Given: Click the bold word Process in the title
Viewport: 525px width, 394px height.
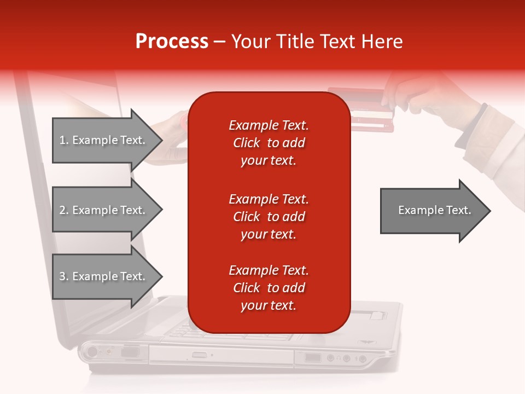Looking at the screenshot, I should [172, 42].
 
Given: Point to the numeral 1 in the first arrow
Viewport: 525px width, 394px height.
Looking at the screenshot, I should [62, 140].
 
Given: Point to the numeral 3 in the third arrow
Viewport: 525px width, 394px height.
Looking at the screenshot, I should [62, 276].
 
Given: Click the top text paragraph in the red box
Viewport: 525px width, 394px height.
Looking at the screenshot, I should [269, 143].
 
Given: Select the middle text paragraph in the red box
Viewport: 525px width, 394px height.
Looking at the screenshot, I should [269, 217].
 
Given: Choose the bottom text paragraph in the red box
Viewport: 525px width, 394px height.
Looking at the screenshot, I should [269, 288].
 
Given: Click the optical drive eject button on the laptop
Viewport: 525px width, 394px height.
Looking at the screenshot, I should [200, 356].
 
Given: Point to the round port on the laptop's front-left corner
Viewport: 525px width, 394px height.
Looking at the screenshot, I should [91, 351].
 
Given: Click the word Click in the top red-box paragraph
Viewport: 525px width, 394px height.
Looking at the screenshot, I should [247, 143].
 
